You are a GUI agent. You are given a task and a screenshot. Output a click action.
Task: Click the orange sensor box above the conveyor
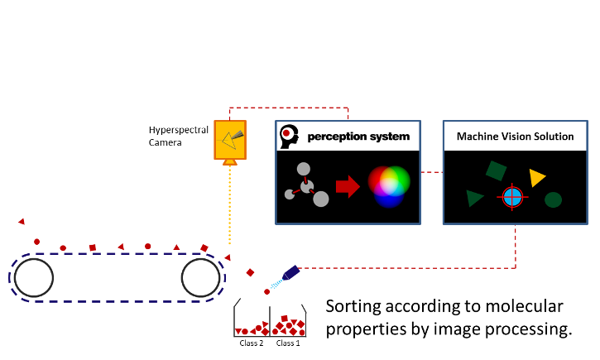[x=230, y=140]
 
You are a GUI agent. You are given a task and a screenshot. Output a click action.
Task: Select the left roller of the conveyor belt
[x=34, y=277]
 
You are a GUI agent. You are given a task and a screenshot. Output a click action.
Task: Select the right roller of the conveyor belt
[x=200, y=277]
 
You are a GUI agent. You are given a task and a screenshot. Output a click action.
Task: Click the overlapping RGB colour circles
[x=389, y=185]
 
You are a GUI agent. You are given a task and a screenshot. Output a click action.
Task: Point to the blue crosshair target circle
[x=512, y=197]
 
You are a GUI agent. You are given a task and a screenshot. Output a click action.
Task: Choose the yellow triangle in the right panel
[x=536, y=177]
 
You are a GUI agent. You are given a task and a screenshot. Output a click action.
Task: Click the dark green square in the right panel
[x=496, y=170]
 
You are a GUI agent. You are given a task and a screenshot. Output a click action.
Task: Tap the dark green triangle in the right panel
[x=473, y=198]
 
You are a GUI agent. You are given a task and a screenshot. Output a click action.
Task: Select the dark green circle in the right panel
[x=553, y=199]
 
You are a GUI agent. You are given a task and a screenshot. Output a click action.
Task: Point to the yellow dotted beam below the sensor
[x=230, y=207]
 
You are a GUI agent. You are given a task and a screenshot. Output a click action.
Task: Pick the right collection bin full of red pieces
[x=288, y=322]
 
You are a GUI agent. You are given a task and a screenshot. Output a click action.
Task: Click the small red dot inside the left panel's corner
[x=286, y=132]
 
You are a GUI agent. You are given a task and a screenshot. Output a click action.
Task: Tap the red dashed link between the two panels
[x=431, y=172]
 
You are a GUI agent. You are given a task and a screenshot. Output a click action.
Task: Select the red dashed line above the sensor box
[x=290, y=108]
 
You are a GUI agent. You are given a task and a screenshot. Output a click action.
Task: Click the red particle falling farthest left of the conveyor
[x=22, y=221]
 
